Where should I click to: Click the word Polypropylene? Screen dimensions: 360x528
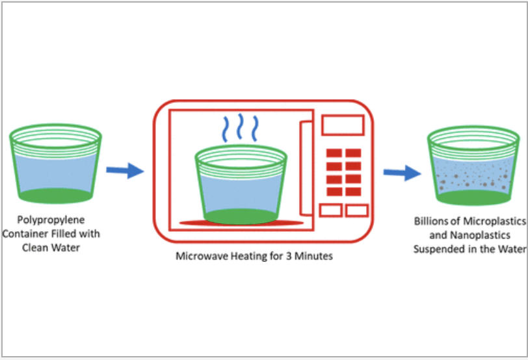tap(51, 220)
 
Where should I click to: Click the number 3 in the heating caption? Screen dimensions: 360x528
tap(293, 256)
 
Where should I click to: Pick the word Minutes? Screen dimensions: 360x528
tap(315, 256)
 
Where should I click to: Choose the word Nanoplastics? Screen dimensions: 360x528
tap(481, 234)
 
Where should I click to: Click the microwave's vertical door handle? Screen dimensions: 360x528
tap(304, 168)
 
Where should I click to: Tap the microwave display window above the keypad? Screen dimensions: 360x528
tap(342, 125)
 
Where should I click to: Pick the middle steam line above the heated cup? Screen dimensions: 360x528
tap(241, 128)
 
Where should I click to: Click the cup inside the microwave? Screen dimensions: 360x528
tap(241, 185)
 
